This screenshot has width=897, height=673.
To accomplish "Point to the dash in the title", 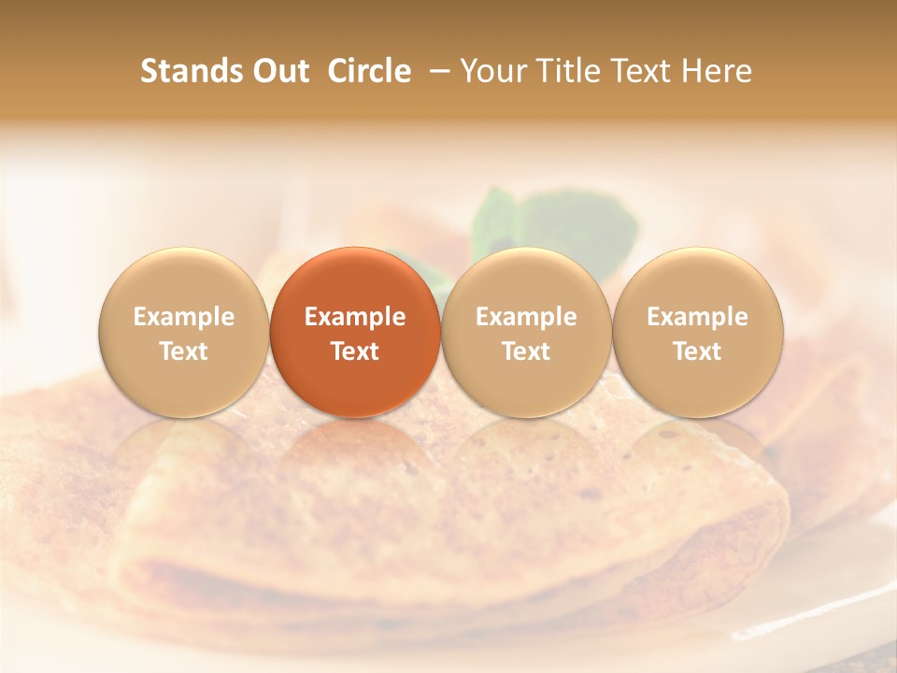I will click(436, 71).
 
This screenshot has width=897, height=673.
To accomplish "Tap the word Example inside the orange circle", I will click(355, 317).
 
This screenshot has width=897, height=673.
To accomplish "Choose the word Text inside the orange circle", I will click(355, 351).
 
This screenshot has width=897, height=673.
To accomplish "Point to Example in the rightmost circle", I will click(698, 317).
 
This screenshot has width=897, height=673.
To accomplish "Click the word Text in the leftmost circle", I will click(184, 351).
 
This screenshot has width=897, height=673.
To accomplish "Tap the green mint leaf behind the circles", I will click(561, 221).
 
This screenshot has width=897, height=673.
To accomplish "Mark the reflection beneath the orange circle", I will click(355, 449).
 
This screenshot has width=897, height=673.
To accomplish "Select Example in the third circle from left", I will click(526, 317).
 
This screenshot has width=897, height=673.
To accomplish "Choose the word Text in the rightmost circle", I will click(698, 351).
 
